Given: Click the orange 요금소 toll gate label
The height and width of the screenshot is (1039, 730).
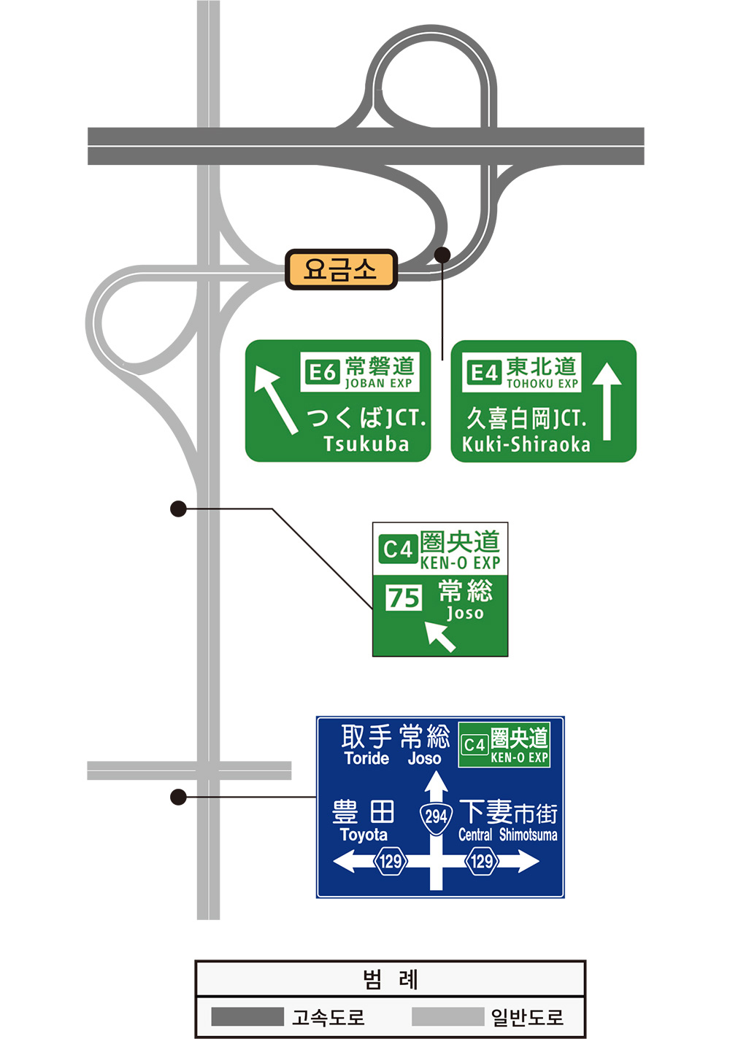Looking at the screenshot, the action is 341,269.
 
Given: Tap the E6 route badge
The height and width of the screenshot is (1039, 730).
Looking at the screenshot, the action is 322,372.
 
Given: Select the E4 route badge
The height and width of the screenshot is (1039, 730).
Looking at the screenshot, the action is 484,372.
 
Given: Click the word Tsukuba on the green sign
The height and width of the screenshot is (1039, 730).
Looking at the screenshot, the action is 366,444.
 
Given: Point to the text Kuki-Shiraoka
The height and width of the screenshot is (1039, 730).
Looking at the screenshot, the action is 526,444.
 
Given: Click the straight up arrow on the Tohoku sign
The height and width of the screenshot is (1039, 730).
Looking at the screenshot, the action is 607,402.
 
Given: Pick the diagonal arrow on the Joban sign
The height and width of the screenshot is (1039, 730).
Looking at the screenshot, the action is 276,399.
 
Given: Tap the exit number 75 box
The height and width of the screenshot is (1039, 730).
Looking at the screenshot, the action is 403,598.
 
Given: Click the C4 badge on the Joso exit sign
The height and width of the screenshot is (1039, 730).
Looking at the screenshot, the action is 398,549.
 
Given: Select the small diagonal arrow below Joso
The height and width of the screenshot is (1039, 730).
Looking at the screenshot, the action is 440,636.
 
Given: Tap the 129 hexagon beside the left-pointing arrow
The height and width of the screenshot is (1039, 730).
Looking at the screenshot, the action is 390,862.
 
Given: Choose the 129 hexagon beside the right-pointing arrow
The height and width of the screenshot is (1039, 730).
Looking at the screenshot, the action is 481,862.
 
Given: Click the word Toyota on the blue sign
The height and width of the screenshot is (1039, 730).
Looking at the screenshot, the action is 364,835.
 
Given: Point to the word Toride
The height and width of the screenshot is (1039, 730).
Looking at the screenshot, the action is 366,758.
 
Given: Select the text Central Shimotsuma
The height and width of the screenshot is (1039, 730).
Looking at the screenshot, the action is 507,835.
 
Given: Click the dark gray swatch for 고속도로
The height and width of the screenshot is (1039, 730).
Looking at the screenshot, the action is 247,1016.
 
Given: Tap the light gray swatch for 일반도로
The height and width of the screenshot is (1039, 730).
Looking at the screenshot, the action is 447,1016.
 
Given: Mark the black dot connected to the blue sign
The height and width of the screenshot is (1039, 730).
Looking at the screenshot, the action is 178,797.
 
